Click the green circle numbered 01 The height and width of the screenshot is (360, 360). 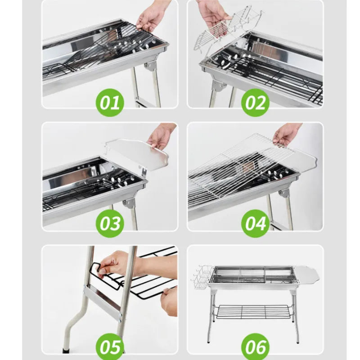(x=110, y=102)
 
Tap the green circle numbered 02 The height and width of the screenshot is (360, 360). (x=255, y=102)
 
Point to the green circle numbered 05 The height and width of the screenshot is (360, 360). (x=110, y=346)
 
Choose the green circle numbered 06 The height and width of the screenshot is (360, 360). (x=255, y=346)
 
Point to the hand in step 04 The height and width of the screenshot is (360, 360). (x=286, y=134)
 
